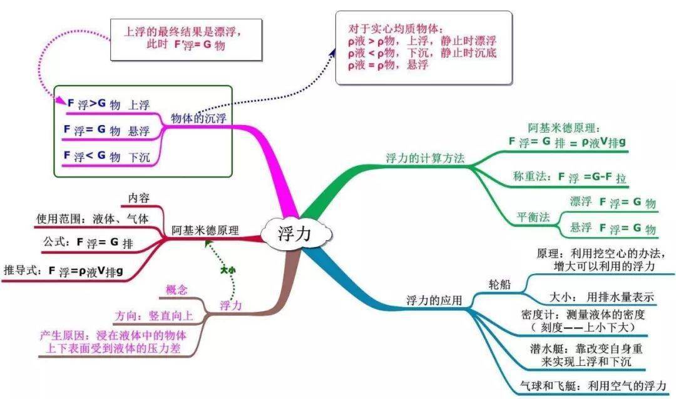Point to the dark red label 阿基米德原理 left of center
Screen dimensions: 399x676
click(x=205, y=230)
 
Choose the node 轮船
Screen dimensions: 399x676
click(x=499, y=285)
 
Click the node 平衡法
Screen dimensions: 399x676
click(x=533, y=217)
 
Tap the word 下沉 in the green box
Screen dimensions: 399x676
click(x=139, y=158)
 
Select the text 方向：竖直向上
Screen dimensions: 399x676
click(x=153, y=317)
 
